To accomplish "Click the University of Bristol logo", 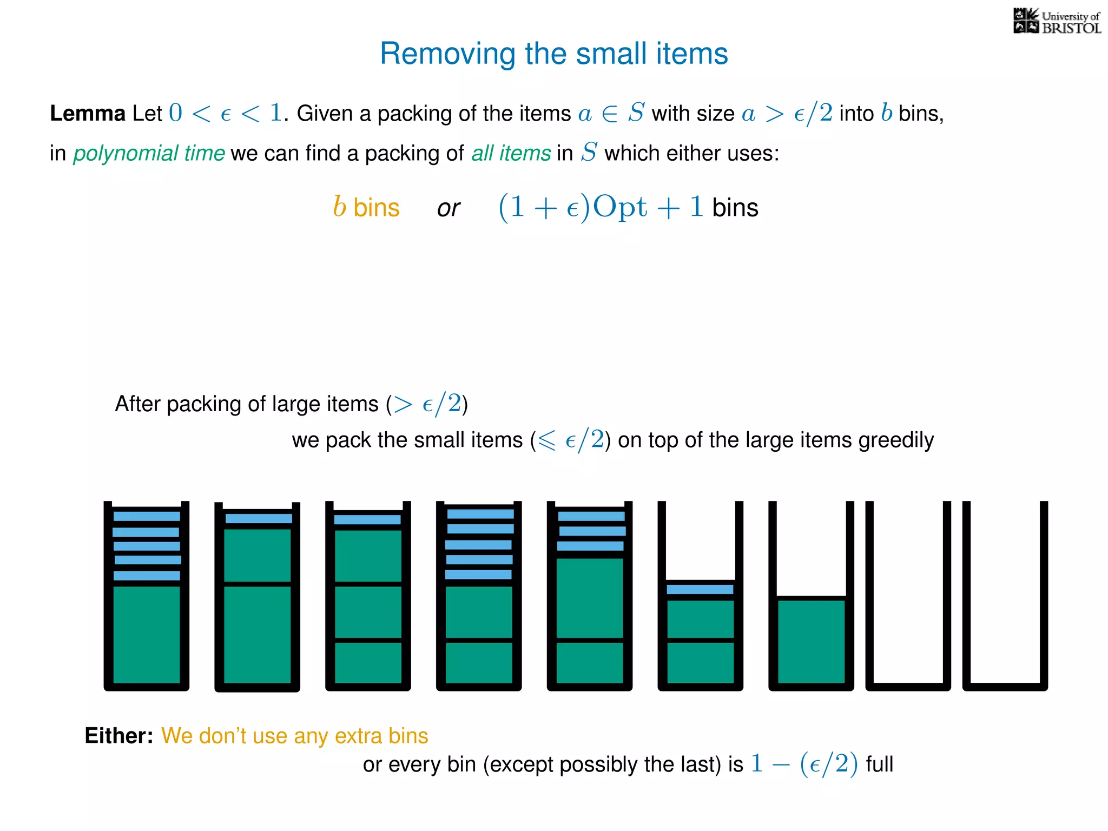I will tap(1057, 22).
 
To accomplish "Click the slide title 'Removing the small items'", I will tap(553, 54).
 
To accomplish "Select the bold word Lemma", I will tap(88, 114).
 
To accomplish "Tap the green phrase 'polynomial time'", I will tap(149, 153).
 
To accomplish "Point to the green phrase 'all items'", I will tap(511, 153).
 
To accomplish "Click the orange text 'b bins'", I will tap(366, 207).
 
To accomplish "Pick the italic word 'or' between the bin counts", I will tap(449, 208).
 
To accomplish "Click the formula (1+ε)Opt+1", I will tap(601, 207).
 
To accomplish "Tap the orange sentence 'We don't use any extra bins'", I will tap(294, 736).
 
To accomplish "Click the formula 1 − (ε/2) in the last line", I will tap(804, 764).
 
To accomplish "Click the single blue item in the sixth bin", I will tap(700, 589).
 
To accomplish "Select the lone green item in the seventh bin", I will tap(811, 642).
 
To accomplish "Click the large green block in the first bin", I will tap(147, 635).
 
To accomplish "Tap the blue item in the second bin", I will tap(259, 518).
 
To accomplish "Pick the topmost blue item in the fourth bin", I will tap(480, 514).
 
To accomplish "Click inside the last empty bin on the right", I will tap(1005, 595).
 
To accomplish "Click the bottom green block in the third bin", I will tap(368, 663).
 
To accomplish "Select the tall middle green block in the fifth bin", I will tap(590, 598).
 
